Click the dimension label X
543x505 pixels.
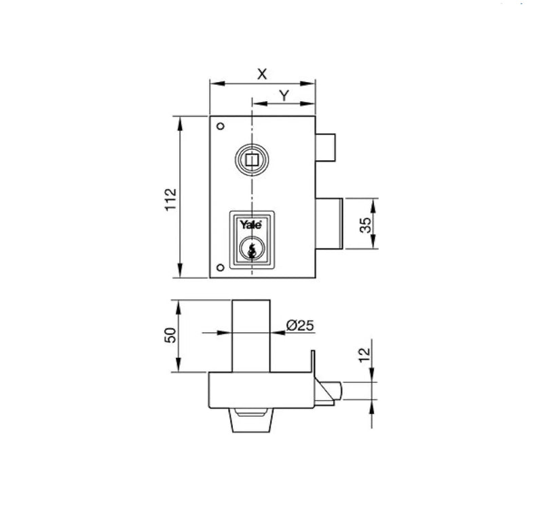pyautogui.click(x=262, y=74)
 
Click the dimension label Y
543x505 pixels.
pyautogui.click(x=284, y=95)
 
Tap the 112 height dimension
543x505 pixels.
pyautogui.click(x=170, y=200)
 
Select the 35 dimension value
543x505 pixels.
pyautogui.click(x=365, y=225)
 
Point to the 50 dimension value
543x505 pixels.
pyautogui.click(x=170, y=335)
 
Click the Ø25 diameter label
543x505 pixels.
pyautogui.click(x=300, y=325)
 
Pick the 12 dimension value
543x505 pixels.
pyautogui.click(x=364, y=355)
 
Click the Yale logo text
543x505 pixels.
pyautogui.click(x=251, y=225)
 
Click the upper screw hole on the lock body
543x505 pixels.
pyautogui.click(x=220, y=126)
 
